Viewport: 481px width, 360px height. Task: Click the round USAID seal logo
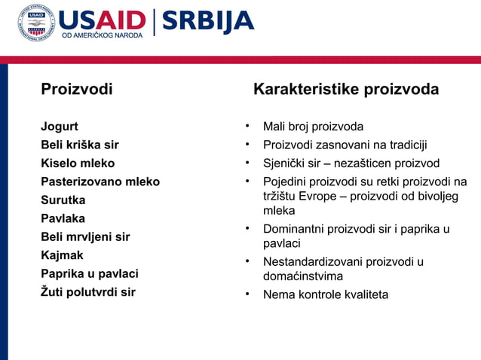(36, 23)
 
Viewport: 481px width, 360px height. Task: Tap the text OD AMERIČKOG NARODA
(102, 35)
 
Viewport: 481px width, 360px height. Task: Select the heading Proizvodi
(76, 90)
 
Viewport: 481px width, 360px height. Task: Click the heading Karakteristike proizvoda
(346, 90)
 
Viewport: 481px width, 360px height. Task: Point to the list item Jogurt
(60, 127)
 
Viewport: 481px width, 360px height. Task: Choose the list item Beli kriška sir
(79, 145)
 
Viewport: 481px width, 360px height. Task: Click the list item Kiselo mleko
(78, 163)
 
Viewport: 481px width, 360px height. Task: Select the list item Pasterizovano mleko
(100, 182)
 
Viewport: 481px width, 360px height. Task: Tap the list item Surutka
(63, 200)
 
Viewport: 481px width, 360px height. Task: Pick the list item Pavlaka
(63, 218)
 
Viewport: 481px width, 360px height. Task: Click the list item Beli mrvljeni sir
(85, 237)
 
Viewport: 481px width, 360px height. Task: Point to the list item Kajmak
(62, 255)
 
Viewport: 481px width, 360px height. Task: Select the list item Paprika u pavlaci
(89, 274)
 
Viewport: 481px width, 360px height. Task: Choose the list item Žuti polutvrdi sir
(87, 292)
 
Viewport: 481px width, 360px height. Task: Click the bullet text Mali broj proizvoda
(313, 127)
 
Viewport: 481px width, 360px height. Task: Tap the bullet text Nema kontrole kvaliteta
(326, 294)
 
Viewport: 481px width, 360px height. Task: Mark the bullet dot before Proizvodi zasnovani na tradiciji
(247, 145)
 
